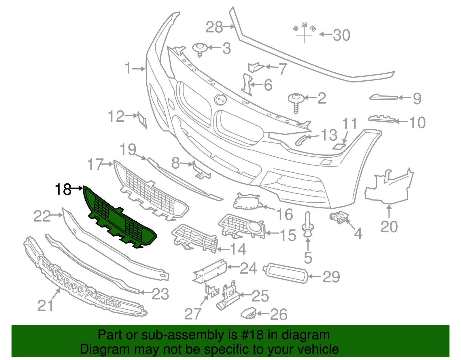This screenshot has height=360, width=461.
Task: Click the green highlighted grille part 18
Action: [x=121, y=219]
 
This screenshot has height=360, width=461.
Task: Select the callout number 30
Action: [x=341, y=35]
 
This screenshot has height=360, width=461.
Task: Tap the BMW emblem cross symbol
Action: [x=304, y=35]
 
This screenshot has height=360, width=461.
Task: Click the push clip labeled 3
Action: [x=200, y=49]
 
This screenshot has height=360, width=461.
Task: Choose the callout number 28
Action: [x=214, y=27]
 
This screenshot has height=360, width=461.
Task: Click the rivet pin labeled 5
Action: [x=307, y=225]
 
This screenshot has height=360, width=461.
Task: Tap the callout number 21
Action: [x=46, y=305]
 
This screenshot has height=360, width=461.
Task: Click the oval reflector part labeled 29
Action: [x=286, y=272]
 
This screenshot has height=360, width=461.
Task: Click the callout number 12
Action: [x=116, y=116]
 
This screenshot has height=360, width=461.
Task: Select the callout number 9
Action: [x=417, y=99]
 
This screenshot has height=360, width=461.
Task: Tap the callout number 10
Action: [x=417, y=122]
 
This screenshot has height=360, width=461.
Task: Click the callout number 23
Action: [x=160, y=294]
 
